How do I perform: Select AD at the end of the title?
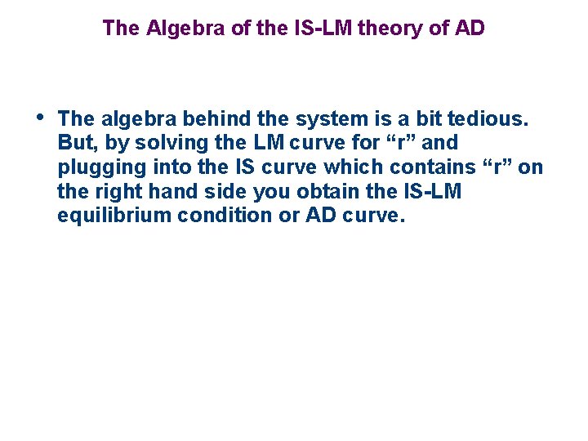[470, 29]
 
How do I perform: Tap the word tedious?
[489, 119]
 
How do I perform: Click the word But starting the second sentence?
[75, 143]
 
